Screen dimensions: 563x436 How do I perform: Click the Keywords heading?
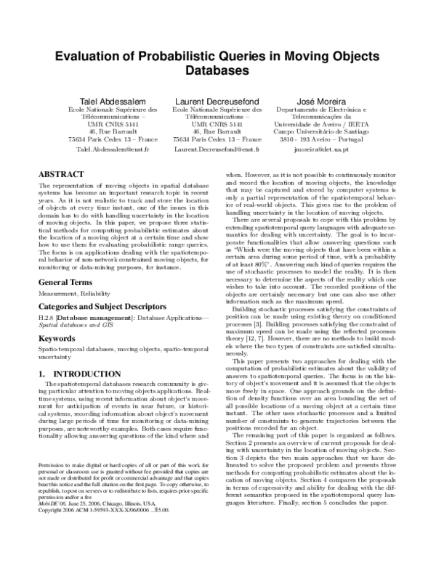click(57, 338)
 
